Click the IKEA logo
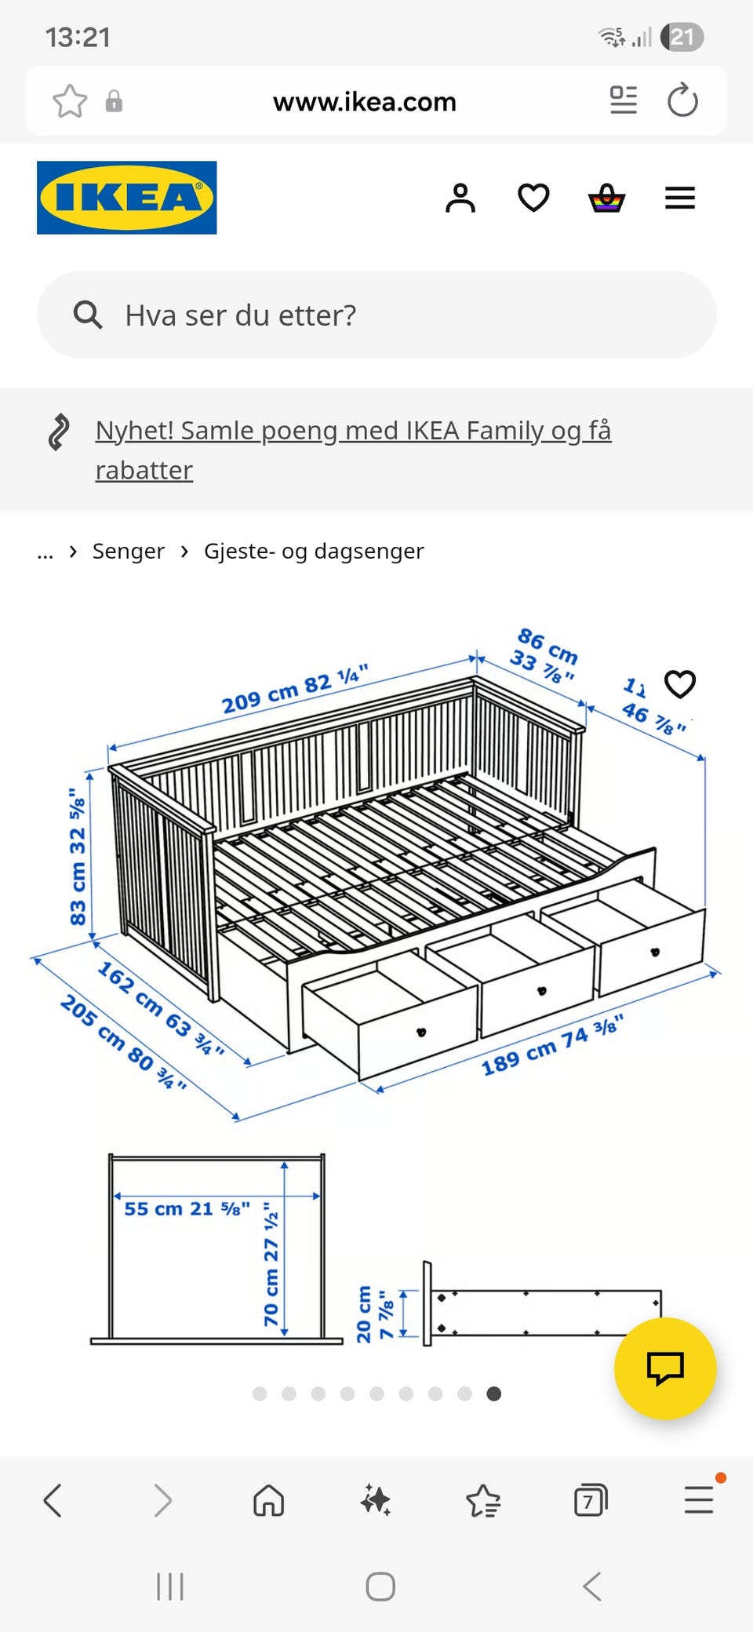[x=126, y=198]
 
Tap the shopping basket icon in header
[x=606, y=198]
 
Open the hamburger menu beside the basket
[x=679, y=198]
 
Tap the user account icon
[x=460, y=198]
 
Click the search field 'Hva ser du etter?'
[x=376, y=315]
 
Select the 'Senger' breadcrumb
[x=129, y=551]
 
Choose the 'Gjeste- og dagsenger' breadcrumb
[x=314, y=551]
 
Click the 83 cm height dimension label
[x=78, y=857]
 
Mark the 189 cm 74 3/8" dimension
[x=551, y=1046]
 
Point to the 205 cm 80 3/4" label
[x=124, y=1042]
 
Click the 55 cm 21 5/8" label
[x=187, y=1208]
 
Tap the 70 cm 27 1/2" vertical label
[x=271, y=1263]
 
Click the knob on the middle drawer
[x=541, y=991]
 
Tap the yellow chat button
[x=664, y=1368]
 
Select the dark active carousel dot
[x=493, y=1393]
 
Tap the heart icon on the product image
[x=679, y=684]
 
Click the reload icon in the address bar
[x=682, y=101]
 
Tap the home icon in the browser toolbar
[x=268, y=1501]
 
